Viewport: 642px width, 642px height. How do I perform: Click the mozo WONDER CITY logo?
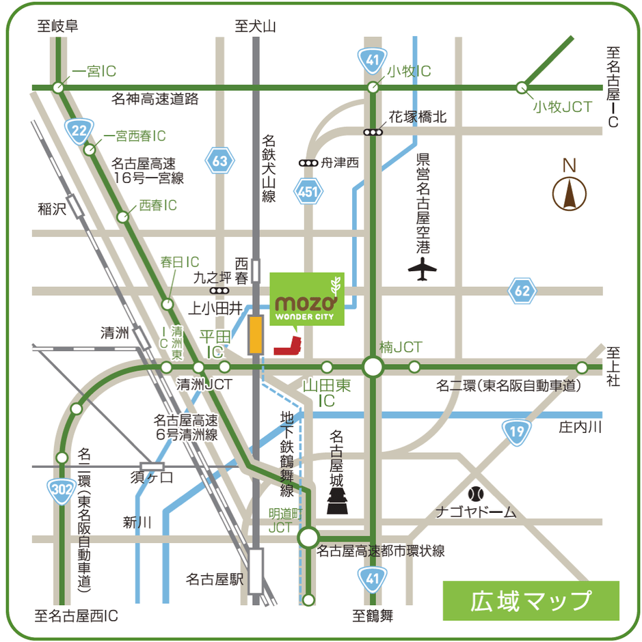pos(307,299)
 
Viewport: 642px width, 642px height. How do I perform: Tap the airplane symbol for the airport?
pos(422,269)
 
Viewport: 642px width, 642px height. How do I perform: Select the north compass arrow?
pos(569,193)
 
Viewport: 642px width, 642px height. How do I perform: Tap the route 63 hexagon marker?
pos(219,161)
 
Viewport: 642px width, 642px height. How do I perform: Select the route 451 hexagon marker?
pos(308,193)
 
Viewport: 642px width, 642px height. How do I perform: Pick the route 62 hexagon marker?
pos(522,292)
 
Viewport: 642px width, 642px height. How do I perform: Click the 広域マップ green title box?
pos(531,600)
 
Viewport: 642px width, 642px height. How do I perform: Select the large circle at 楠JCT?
pos(373,367)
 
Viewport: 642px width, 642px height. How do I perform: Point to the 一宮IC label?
pos(94,71)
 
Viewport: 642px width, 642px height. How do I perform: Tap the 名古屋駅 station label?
pos(215,579)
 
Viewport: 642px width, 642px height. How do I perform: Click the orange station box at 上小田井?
pos(256,334)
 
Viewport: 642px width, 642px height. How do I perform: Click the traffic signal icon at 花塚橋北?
pos(373,132)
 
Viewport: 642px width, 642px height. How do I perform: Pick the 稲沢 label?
pos(52,209)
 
